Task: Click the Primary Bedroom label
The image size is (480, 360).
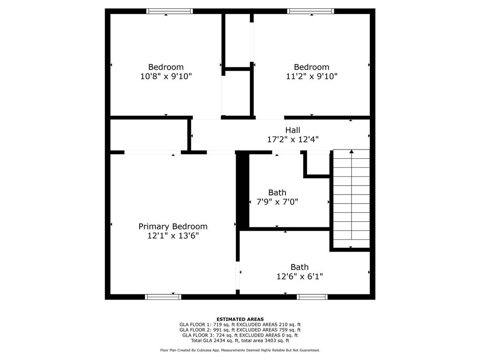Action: coord(173,226)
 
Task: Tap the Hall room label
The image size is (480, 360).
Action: coord(292,130)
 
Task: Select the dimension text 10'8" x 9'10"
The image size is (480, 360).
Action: coord(166,76)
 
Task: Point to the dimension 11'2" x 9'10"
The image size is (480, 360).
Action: coord(312,76)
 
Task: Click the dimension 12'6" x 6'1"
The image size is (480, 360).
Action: coord(300,277)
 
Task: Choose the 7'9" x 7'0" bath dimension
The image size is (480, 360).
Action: coord(277,202)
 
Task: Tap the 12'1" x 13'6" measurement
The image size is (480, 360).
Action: coord(173,236)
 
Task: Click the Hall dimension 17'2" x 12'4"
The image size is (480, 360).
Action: coord(293,140)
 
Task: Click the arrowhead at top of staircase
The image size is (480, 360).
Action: coord(352,151)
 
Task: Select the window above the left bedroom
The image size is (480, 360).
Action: coord(170,11)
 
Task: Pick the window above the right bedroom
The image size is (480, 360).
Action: coord(310,11)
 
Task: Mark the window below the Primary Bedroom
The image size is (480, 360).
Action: coord(163,297)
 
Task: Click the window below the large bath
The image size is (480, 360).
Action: coord(312,297)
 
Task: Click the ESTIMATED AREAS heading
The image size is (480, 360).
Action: coord(240,319)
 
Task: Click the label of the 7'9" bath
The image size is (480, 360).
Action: coord(277,193)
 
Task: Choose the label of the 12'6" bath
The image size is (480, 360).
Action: coord(300,267)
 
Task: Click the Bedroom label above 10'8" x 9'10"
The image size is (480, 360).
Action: coord(166,67)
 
